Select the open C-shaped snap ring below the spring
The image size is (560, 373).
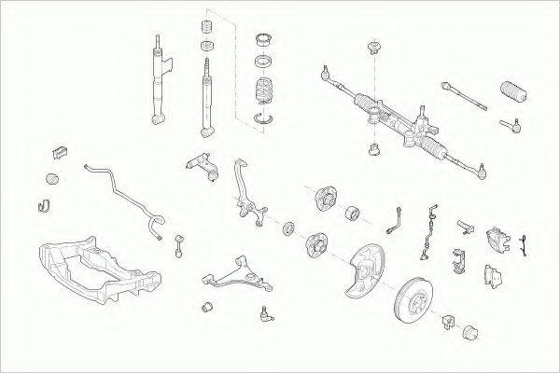[265, 118]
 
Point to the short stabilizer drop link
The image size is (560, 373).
[176, 245]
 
